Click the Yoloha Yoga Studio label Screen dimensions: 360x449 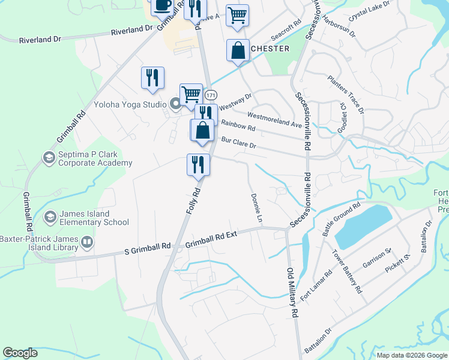point(130,104)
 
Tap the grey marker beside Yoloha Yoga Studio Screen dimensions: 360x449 point(175,104)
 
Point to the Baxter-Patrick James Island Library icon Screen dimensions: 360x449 point(87,242)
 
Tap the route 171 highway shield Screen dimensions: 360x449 point(211,95)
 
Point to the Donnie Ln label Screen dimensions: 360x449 point(256,208)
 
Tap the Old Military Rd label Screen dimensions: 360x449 point(292,292)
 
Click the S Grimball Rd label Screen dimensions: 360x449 point(147,247)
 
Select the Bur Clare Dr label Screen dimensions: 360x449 point(238,143)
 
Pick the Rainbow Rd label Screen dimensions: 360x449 point(238,127)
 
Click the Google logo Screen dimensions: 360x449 point(20,352)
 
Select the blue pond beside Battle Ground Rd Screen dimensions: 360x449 point(362,226)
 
